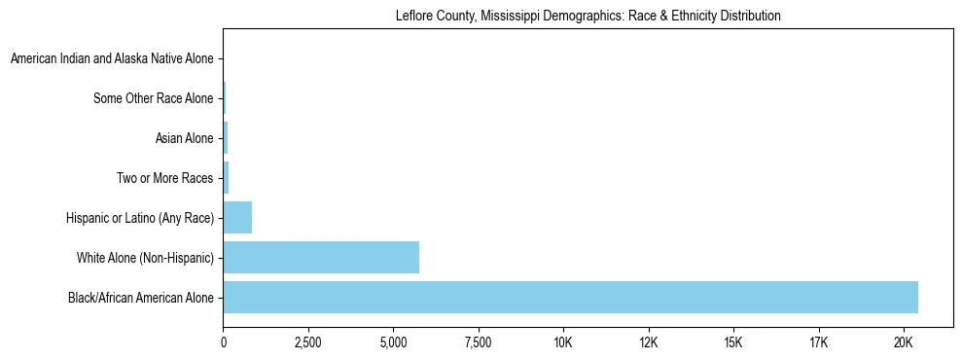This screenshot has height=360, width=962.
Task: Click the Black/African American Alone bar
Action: (570, 298)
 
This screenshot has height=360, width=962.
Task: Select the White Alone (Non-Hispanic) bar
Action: (321, 258)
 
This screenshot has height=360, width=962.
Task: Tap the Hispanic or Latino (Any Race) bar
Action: (237, 218)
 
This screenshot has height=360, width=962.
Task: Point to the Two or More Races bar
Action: (226, 178)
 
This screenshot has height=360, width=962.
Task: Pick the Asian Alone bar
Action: (226, 138)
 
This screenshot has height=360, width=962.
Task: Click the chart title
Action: (588, 17)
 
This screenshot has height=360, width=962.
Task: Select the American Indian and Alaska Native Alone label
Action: (112, 59)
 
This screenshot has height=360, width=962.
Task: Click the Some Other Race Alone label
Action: (153, 98)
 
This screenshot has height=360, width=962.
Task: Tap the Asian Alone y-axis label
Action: (184, 138)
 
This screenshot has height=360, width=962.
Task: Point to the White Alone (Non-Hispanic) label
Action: (145, 258)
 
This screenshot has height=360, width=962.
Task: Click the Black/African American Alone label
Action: (140, 298)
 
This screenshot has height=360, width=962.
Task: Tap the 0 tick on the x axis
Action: (224, 342)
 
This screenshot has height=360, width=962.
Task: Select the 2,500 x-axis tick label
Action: (308, 342)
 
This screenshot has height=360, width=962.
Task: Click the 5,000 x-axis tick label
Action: (394, 342)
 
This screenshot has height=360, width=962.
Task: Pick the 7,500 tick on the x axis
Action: (479, 342)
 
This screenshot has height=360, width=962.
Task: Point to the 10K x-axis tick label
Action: (563, 342)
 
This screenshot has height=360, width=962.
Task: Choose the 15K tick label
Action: (733, 342)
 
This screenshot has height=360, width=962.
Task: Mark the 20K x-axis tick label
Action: (904, 342)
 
